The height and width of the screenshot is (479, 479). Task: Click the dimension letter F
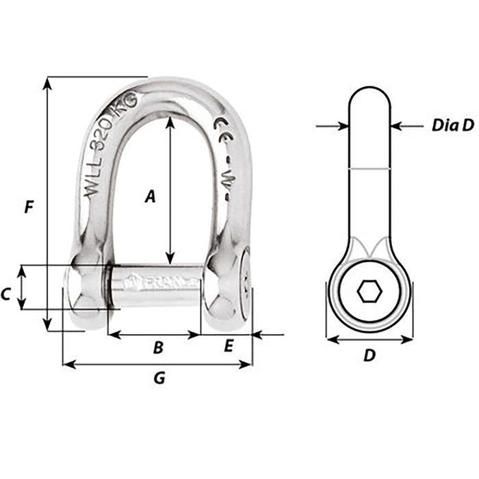(28, 207)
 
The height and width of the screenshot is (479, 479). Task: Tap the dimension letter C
(6, 295)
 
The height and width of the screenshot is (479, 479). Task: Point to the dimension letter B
(157, 348)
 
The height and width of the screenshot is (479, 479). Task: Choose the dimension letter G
(159, 377)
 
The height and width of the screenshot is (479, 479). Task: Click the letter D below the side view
(370, 355)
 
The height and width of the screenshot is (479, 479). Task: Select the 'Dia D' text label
(452, 126)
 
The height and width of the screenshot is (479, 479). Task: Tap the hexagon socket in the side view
(370, 292)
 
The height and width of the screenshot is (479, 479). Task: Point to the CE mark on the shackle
(222, 127)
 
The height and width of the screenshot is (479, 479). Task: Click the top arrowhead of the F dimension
(47, 82)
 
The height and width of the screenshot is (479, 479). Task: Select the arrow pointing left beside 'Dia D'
(396, 126)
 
